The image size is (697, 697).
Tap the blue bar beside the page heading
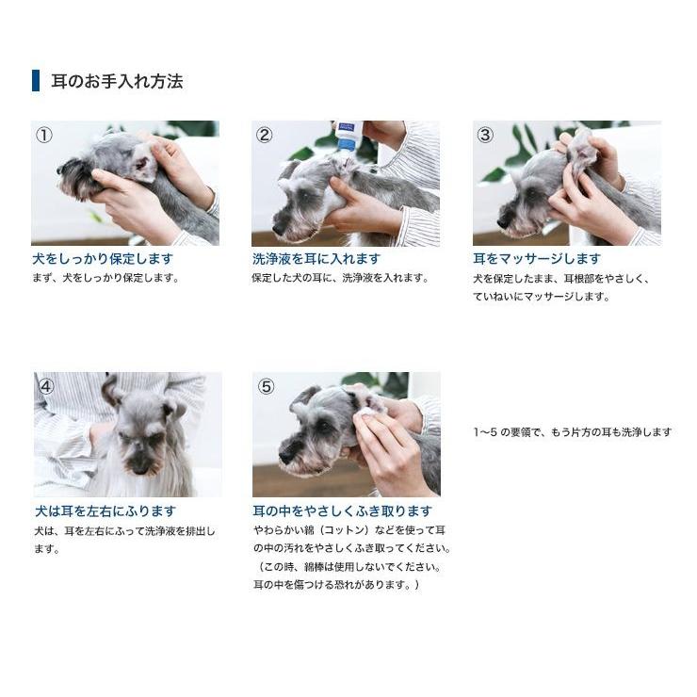click(x=36, y=81)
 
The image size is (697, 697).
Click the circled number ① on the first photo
click(x=44, y=135)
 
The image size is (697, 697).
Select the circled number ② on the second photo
click(x=265, y=135)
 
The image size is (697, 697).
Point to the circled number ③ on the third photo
click(x=485, y=135)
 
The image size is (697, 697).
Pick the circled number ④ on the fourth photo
click(x=45, y=385)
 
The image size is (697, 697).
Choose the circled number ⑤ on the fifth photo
click(x=266, y=386)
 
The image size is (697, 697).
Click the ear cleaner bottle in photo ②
click(x=348, y=135)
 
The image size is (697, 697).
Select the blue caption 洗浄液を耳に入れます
click(x=316, y=258)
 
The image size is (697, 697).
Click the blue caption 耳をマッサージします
click(x=537, y=258)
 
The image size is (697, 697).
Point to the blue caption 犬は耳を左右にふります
click(x=105, y=511)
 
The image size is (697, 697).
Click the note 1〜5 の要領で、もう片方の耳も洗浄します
click(x=573, y=432)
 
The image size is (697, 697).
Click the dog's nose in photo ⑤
click(x=285, y=455)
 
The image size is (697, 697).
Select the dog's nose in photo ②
click(x=278, y=229)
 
